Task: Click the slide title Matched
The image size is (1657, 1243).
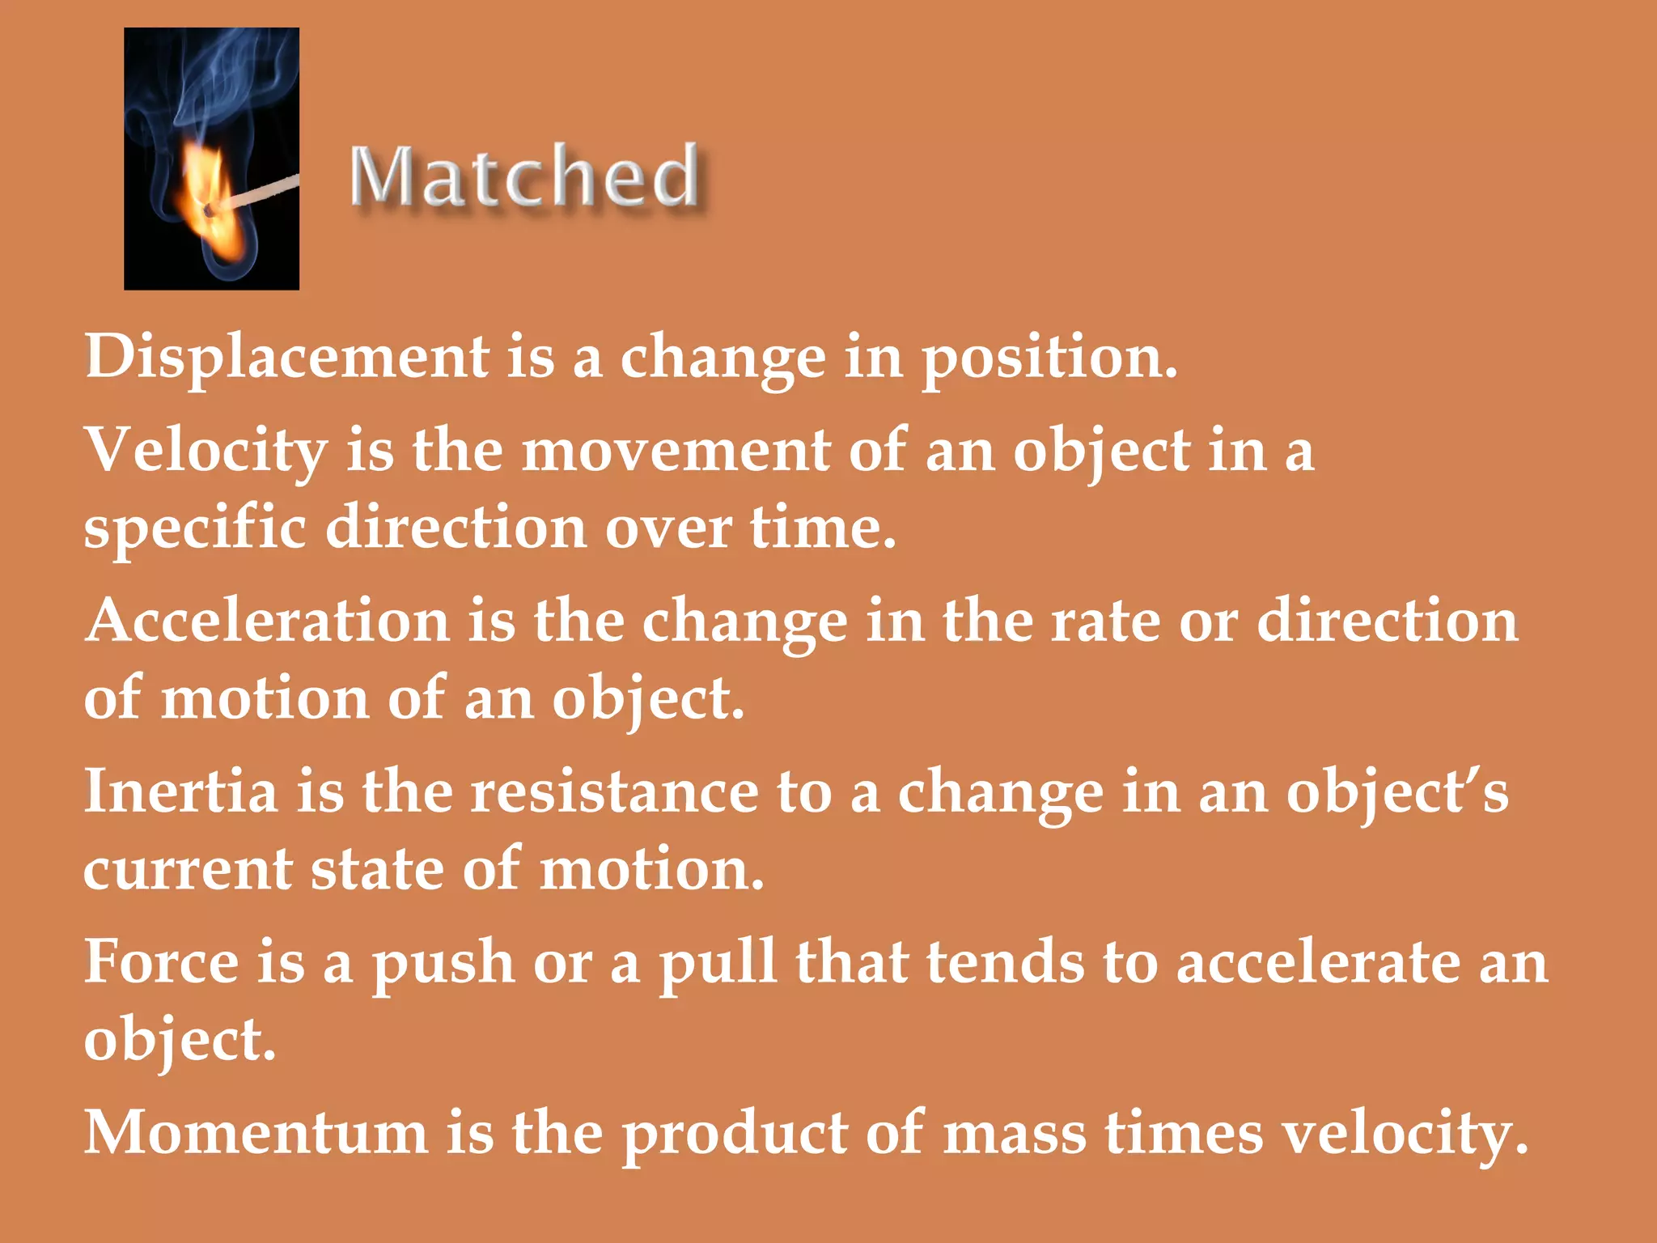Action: [524, 176]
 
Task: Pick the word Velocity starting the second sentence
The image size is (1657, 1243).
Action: [206, 450]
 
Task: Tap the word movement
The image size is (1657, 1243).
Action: [676, 450]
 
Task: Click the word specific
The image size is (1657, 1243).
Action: [195, 528]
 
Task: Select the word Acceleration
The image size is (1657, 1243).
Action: [267, 621]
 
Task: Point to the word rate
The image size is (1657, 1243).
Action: [1104, 621]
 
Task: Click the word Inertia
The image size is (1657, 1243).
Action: [181, 791]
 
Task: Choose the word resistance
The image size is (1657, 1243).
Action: [615, 791]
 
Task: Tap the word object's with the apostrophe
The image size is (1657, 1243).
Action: [1397, 791]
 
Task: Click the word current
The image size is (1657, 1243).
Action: [188, 869]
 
